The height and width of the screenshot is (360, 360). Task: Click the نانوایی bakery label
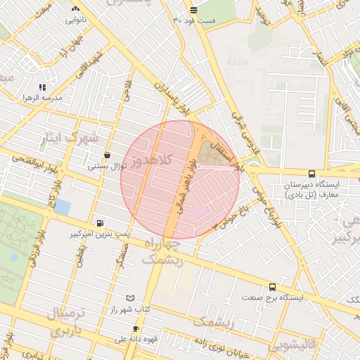coord(75,20)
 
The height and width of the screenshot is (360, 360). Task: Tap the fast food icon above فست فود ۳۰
coord(193,10)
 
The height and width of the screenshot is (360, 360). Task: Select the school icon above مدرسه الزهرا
coord(42,87)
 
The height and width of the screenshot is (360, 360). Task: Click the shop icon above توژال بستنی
coord(107,155)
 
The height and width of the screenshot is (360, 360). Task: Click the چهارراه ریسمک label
coord(162,252)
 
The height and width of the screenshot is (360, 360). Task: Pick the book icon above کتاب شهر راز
coord(129,298)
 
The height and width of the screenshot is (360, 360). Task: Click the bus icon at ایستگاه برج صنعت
coord(272,287)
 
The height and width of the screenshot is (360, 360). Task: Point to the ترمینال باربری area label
coord(69,321)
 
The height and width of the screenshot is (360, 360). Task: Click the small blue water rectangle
coord(62,207)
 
